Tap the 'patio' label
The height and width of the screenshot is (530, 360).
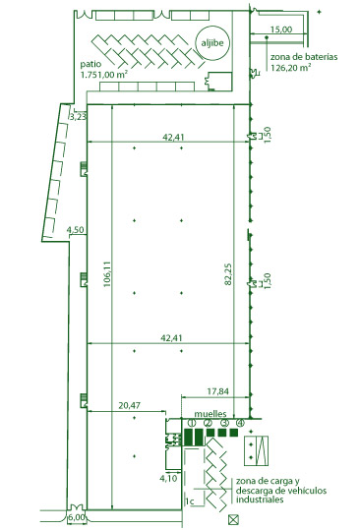pos(90,64)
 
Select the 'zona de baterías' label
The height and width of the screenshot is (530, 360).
pos(304,57)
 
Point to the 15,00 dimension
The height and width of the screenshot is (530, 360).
pos(281,29)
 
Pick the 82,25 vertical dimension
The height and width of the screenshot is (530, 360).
pos(228,274)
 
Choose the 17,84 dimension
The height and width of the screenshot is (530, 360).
pos(217,391)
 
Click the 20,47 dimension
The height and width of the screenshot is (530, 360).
pos(129,405)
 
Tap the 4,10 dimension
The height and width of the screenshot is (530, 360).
pos(168,478)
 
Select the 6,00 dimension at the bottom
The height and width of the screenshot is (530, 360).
pos(77,518)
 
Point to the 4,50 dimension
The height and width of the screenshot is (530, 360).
pos(75,230)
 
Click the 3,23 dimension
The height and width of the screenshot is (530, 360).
pos(78,117)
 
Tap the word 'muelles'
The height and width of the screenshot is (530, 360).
pos(210,414)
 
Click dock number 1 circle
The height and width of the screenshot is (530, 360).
pos(192,423)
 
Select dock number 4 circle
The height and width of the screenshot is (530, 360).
pos(240,423)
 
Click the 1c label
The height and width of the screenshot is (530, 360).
pos(190,501)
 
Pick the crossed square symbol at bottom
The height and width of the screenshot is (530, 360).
pos(233,520)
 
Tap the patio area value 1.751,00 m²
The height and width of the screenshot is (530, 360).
pos(104,75)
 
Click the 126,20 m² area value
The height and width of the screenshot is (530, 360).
pos(291,67)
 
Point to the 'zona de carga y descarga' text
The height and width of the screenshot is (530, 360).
pos(281,490)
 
